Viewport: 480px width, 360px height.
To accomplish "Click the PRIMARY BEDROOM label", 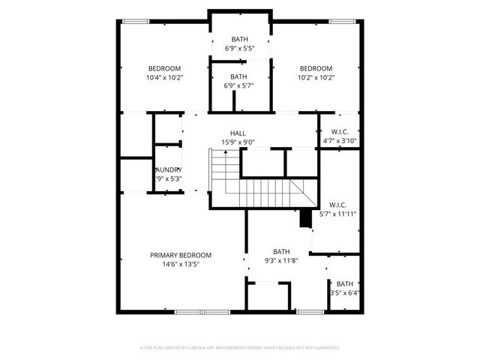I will point(180,255).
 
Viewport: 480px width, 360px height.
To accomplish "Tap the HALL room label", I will point(238,133).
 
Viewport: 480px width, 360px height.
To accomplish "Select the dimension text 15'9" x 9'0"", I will point(238,142).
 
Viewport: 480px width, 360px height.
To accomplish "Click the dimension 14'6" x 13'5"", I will point(180,264).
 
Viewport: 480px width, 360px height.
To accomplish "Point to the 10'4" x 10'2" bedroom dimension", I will point(165,77).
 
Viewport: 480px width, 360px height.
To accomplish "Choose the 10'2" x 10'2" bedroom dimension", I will point(315,77).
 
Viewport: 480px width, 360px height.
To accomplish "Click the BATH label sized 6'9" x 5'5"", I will point(239,39).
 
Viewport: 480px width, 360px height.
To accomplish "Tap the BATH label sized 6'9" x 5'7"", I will point(238,76).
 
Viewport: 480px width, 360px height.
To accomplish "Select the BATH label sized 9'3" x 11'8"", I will point(281,251).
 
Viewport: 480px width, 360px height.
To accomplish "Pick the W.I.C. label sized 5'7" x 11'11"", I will point(338,205).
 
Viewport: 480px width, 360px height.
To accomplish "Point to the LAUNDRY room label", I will point(168,169).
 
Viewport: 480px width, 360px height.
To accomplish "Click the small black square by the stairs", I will point(305,217).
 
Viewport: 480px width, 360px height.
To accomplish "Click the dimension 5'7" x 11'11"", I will point(338,214).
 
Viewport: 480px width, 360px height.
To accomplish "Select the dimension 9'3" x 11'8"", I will point(281,260).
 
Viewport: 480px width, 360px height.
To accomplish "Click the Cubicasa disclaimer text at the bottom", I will point(240,348).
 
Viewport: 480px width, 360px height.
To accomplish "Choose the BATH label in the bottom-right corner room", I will point(344,283).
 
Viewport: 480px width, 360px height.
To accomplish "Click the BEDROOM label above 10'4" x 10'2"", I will point(164,68).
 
